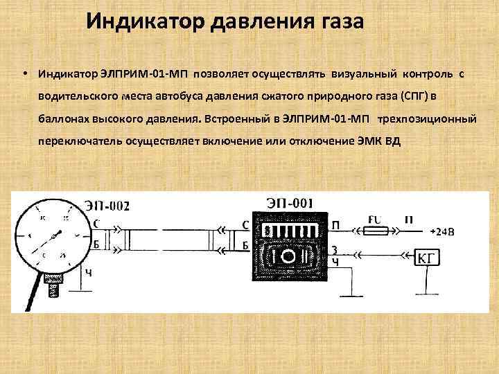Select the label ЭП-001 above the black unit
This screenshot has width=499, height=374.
point(289,203)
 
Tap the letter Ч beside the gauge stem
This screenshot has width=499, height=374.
point(88,272)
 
